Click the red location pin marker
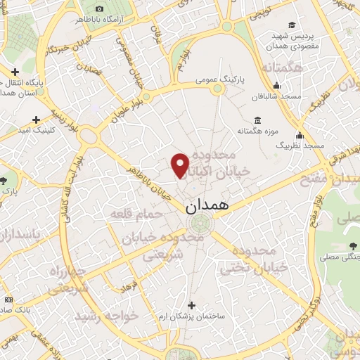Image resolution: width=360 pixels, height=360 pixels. pos(181,165)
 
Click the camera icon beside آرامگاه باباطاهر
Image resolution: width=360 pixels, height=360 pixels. pos(98,8)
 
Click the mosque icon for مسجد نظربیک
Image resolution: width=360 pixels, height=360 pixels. pos(300,135)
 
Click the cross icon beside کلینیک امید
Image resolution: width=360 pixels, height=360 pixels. pos(36,120)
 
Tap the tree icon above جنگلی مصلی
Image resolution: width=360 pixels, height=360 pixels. pos(352,245)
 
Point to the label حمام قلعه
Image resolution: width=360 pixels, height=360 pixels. pos(136,212)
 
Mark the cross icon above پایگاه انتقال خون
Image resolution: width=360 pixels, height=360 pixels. pos(15,71)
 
